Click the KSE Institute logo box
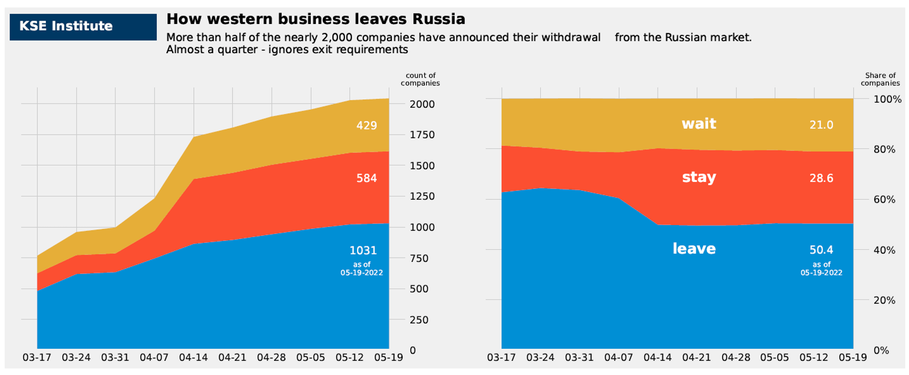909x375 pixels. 83,27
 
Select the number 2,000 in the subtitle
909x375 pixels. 340,37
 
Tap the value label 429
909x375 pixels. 366,125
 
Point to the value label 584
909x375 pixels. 366,178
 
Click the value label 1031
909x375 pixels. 363,250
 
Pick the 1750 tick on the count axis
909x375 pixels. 422,135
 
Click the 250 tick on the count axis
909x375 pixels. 419,320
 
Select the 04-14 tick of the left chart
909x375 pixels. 193,358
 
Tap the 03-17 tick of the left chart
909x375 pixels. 37,358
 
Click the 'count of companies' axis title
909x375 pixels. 420,79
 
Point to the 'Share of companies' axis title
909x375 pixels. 880,79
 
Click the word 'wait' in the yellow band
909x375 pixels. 699,124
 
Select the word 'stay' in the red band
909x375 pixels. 699,177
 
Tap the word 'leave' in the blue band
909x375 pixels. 694,248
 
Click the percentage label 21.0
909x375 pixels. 821,125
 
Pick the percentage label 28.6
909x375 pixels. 821,178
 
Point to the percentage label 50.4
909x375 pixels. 821,250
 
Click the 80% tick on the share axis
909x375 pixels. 884,150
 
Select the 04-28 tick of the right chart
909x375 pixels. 736,358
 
